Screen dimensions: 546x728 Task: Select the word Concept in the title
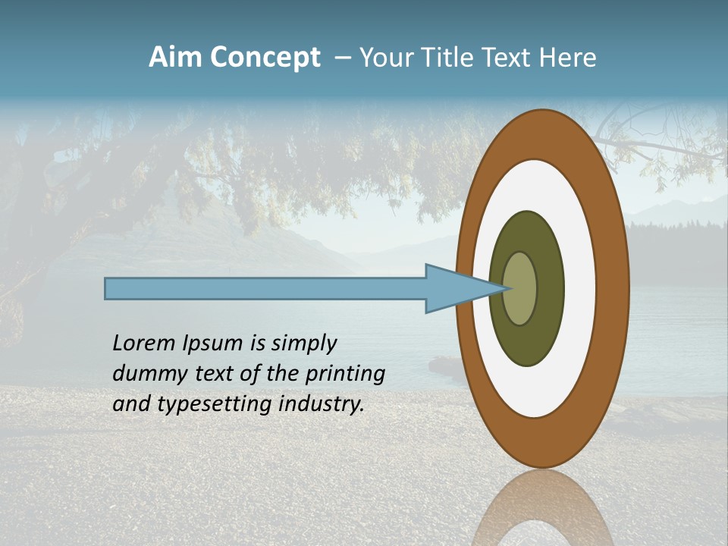[x=266, y=58]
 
